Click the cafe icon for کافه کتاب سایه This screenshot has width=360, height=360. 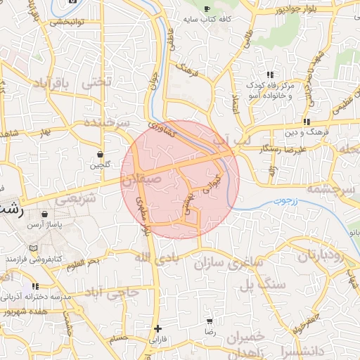(207, 8)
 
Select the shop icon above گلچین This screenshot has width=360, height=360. (100, 153)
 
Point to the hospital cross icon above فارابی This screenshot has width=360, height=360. (157, 328)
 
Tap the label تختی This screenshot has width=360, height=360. (97, 82)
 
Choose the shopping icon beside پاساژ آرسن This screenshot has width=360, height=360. (45, 214)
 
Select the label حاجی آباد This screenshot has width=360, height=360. (110, 292)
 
